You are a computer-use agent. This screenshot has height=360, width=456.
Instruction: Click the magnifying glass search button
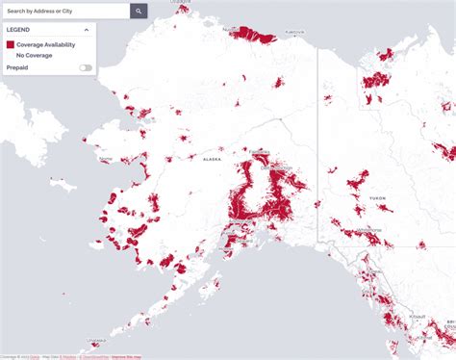click(x=139, y=11)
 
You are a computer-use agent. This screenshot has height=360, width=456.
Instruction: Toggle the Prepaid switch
click(x=87, y=67)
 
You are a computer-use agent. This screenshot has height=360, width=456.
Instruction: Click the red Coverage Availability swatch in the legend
click(x=11, y=44)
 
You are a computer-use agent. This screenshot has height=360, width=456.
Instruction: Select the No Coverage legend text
click(x=34, y=55)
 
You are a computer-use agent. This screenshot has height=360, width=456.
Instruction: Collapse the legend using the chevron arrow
click(x=87, y=30)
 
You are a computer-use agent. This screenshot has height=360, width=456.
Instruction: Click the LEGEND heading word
click(x=18, y=30)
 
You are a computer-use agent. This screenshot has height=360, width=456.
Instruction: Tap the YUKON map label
click(x=376, y=197)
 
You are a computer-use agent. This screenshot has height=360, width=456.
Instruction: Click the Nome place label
click(x=106, y=159)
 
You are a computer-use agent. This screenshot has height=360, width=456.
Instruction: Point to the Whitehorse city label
click(x=371, y=229)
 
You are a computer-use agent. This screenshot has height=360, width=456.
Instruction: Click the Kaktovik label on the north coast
click(x=293, y=32)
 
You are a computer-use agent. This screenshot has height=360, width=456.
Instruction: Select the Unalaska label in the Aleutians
click(x=95, y=340)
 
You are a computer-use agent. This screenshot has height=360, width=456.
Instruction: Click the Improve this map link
click(x=125, y=357)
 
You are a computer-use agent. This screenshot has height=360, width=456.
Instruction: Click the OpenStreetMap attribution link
click(x=93, y=357)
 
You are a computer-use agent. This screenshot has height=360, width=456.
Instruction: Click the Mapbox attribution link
click(x=66, y=357)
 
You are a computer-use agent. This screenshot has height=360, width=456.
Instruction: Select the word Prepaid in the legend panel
click(x=17, y=67)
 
